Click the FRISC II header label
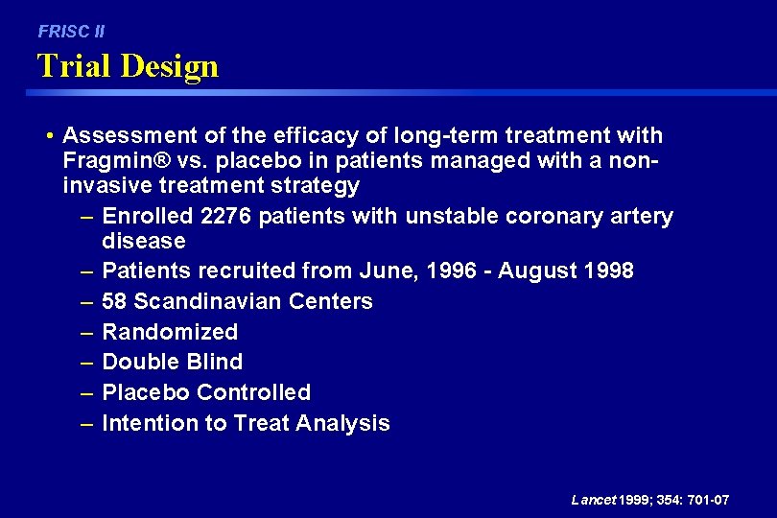point(71,32)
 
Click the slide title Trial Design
point(128,66)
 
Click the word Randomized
point(170,332)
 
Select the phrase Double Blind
point(172,362)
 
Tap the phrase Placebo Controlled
point(206,392)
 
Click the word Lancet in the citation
point(594,500)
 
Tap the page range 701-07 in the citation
point(707,500)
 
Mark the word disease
point(143,241)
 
